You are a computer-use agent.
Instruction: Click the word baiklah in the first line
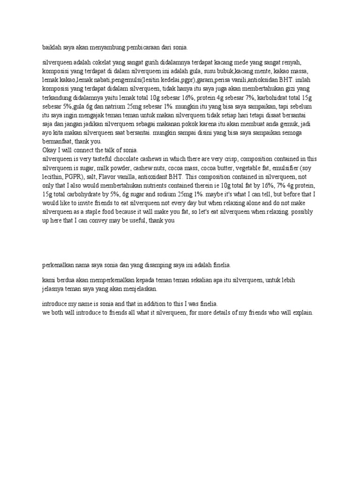click(x=52, y=47)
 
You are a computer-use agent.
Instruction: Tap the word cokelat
click(x=108, y=62)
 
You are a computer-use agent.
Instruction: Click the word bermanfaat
click(x=58, y=142)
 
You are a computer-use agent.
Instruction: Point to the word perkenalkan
click(x=60, y=265)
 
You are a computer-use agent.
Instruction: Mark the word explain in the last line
click(x=302, y=313)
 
